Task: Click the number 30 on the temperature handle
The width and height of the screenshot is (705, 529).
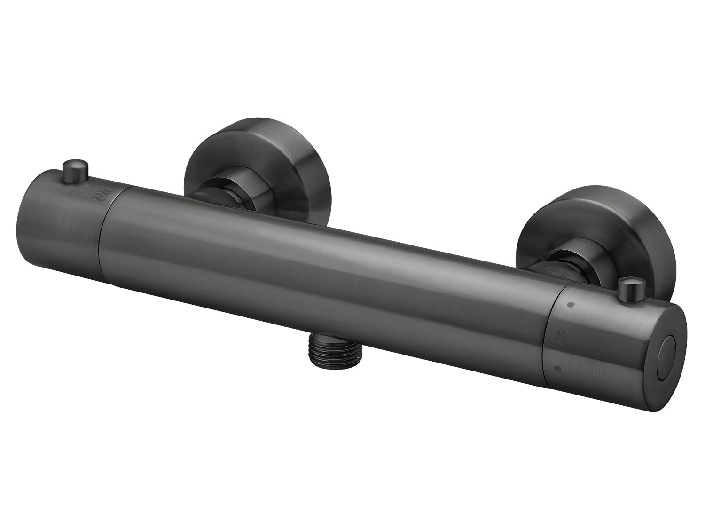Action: point(560,336)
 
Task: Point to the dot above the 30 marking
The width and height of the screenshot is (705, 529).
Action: point(571,304)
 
